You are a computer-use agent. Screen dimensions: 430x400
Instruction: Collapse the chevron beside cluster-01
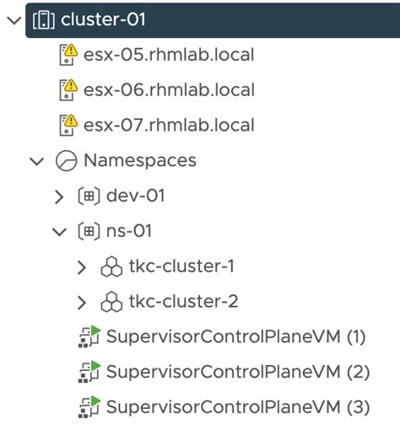[x=12, y=20]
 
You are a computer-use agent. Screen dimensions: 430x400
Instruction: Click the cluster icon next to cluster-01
[x=41, y=20]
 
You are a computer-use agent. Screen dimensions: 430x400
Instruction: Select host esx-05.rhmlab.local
[x=169, y=56]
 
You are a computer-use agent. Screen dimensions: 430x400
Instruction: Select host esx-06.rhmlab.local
[x=169, y=90]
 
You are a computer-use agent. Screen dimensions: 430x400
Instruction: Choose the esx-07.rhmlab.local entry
[x=169, y=126]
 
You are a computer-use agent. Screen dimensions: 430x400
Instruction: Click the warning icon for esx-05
[x=68, y=56]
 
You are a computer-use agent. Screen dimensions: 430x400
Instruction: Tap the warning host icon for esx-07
[x=68, y=126]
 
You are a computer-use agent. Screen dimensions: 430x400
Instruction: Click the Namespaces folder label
[x=139, y=160]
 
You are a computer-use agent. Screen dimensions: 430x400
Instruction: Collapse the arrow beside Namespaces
[x=36, y=161]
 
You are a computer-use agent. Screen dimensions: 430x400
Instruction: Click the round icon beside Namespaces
[x=66, y=160]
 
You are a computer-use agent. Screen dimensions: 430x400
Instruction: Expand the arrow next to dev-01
[x=58, y=196]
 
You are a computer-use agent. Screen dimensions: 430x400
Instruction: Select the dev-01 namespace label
[x=135, y=196]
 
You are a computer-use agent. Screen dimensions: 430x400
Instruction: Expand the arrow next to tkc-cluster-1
[x=82, y=267]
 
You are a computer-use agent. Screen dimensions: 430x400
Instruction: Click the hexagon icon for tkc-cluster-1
[x=111, y=267]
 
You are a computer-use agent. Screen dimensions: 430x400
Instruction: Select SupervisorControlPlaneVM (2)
[x=237, y=372]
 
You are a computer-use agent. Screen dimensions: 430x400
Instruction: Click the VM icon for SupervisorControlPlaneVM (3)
[x=89, y=406]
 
